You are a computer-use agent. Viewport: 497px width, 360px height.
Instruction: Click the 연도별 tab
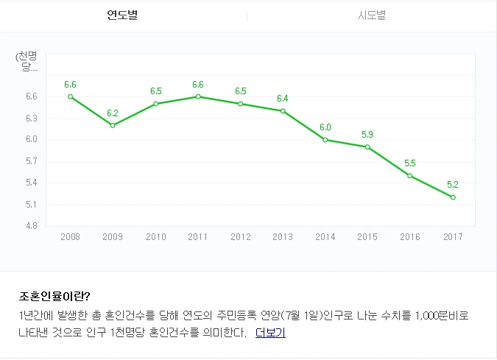(x=122, y=15)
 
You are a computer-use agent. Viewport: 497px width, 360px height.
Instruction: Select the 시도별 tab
(x=371, y=15)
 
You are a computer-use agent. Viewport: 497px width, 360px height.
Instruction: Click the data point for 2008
(x=70, y=96)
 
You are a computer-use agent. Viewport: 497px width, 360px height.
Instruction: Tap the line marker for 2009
(x=113, y=125)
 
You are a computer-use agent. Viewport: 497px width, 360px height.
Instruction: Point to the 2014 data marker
(x=325, y=140)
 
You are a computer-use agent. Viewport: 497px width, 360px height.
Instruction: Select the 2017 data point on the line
(x=453, y=197)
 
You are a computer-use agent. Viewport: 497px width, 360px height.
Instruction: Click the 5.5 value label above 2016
(x=410, y=163)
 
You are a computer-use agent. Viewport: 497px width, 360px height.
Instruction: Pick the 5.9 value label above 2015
(x=367, y=134)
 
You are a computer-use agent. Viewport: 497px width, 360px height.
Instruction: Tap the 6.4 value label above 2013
(x=283, y=98)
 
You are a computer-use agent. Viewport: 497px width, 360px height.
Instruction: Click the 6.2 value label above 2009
(x=113, y=113)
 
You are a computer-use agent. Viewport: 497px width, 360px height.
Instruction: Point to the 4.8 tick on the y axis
(x=31, y=225)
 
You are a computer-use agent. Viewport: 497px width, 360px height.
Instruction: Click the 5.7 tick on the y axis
(x=31, y=161)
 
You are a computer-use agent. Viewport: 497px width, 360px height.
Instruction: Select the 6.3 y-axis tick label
(x=31, y=118)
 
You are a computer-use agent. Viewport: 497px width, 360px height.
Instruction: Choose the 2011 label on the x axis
(x=197, y=237)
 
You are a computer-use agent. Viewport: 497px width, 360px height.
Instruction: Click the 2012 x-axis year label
(x=240, y=237)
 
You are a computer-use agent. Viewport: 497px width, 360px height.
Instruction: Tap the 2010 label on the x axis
(x=155, y=237)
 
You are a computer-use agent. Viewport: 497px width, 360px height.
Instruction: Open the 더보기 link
(x=270, y=333)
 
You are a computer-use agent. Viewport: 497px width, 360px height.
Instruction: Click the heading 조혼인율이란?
(x=54, y=297)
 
